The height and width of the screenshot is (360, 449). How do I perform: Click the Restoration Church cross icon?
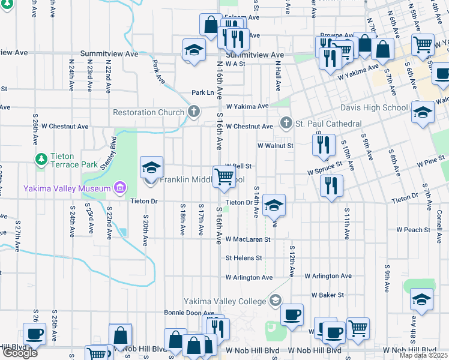[193, 112]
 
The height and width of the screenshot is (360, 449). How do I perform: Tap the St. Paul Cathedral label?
[329, 124]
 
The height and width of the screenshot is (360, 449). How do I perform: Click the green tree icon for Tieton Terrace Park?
[41, 159]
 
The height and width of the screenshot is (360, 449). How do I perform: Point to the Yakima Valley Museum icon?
[120, 188]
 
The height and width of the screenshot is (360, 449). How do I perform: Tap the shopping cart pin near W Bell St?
[224, 176]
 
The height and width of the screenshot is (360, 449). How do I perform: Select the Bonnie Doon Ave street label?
[189, 313]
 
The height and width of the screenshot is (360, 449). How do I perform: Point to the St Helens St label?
[244, 258]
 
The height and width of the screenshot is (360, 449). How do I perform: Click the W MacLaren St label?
[248, 239]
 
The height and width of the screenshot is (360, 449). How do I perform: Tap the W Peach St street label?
[413, 230]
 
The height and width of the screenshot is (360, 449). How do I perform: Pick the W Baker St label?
[327, 295]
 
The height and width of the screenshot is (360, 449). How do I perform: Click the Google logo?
[20, 353]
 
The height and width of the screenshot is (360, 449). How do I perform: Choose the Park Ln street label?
[202, 93]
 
